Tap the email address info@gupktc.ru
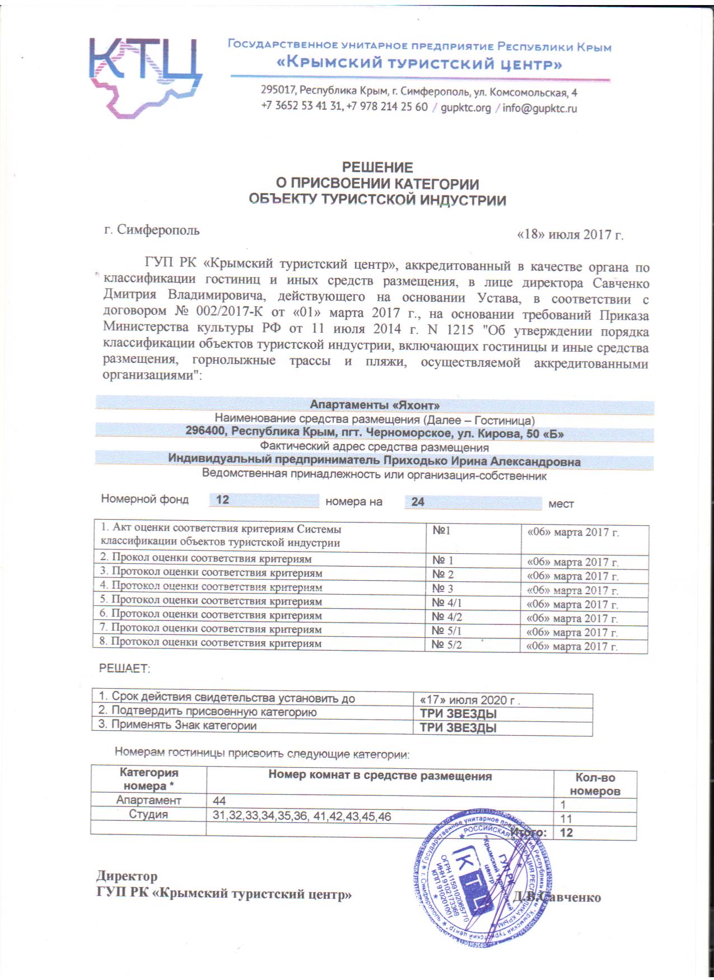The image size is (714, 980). point(539,108)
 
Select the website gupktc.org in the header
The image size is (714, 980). point(465,108)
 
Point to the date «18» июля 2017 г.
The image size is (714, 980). point(570,234)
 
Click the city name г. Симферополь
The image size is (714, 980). point(152,230)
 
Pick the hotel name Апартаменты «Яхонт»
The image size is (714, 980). point(375,405)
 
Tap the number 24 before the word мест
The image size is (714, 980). point(418,502)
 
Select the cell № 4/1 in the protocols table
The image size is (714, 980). point(446,603)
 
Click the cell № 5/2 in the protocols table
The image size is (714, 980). point(446,645)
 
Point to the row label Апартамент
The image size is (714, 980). point(148,800)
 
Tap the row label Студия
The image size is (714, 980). point(148,814)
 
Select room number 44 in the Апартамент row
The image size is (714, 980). point(219,801)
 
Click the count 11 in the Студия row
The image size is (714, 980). point(566,819)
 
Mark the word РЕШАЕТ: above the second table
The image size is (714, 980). point(124,668)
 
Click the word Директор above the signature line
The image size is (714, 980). point(127,876)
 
